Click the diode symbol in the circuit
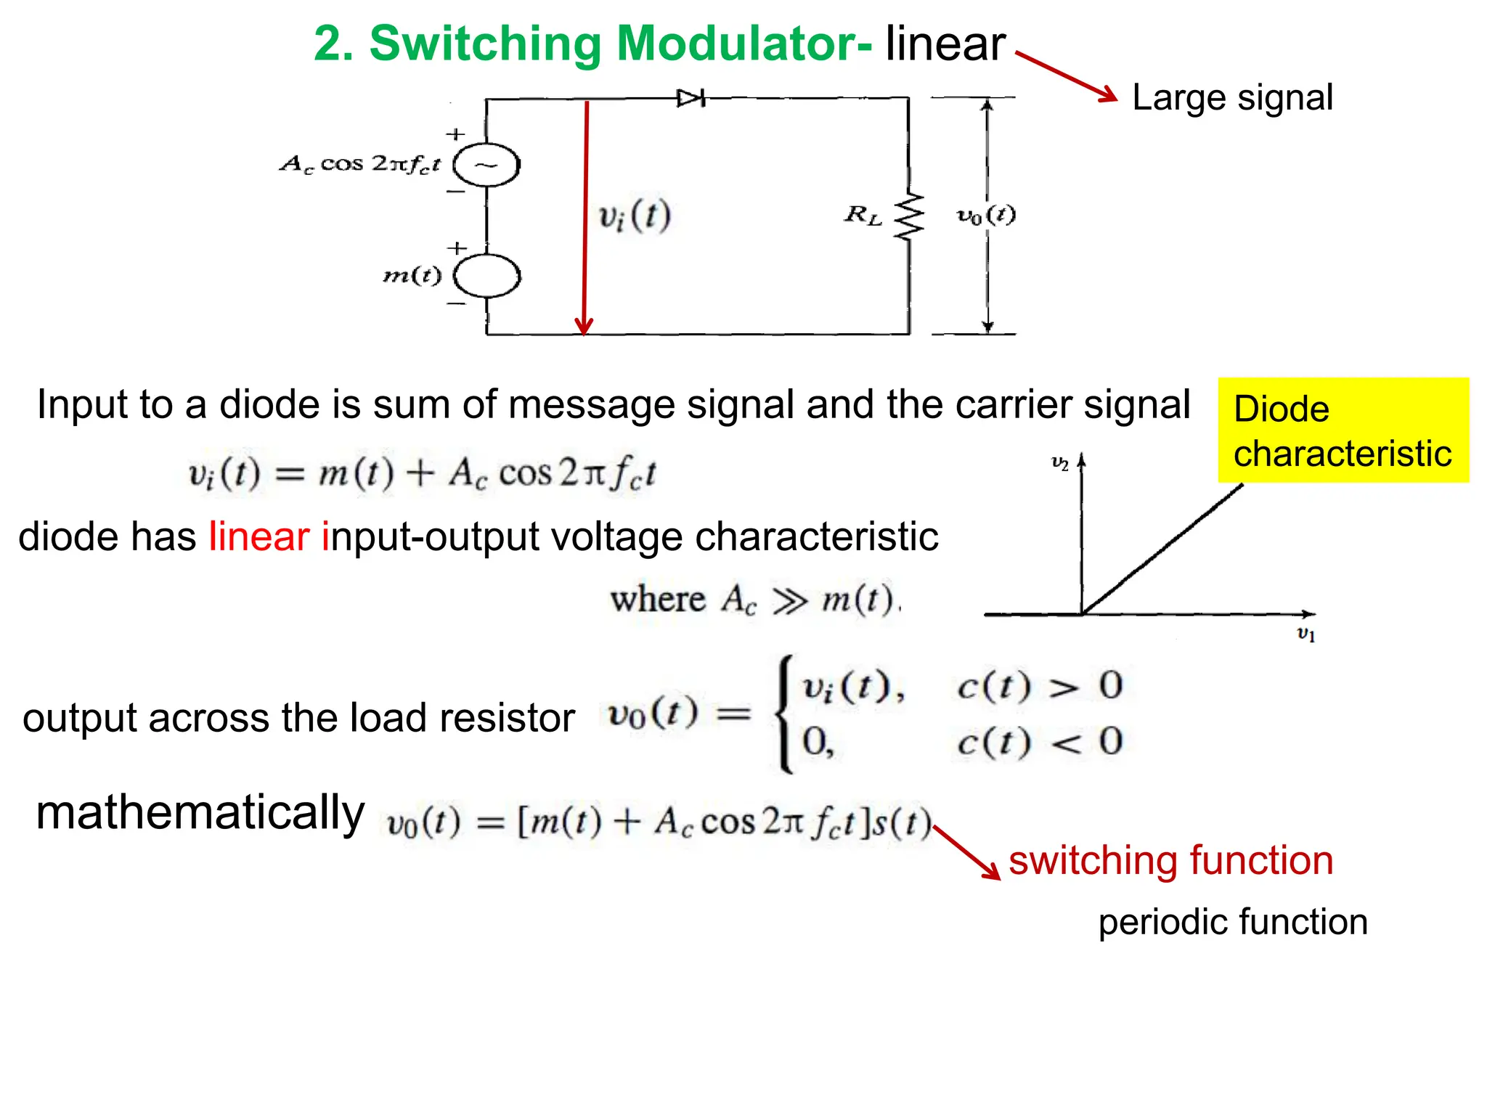point(690,98)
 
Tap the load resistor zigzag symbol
point(909,216)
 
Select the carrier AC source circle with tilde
point(486,166)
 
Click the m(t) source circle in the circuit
point(486,276)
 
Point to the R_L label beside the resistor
point(863,215)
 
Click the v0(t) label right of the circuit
point(985,215)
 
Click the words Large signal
point(1232,97)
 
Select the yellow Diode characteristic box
point(1343,430)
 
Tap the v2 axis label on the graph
point(1060,463)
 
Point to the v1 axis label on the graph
point(1305,634)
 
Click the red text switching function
point(1170,860)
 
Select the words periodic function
point(1232,922)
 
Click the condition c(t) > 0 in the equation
point(1039,686)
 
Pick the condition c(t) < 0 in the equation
point(1039,742)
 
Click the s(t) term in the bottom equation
point(900,823)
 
